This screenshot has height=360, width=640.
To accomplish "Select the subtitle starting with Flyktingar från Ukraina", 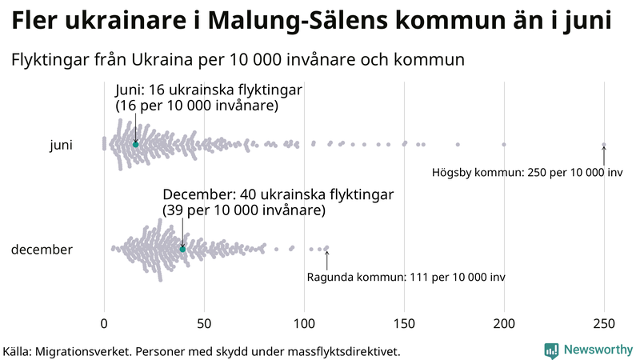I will click(238, 60).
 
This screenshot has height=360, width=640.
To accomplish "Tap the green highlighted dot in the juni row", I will click(135, 144).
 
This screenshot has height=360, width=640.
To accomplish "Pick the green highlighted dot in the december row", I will click(182, 250).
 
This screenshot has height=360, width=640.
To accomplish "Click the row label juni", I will click(61, 145).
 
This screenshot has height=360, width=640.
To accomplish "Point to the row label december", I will click(42, 250).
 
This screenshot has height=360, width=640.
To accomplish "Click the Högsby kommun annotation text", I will click(526, 173).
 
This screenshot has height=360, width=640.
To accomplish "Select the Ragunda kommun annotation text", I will click(406, 278).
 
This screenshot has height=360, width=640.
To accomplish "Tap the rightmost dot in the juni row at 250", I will click(604, 145).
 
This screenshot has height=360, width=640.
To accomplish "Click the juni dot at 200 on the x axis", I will click(504, 144).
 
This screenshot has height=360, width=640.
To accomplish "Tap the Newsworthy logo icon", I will click(551, 350).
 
